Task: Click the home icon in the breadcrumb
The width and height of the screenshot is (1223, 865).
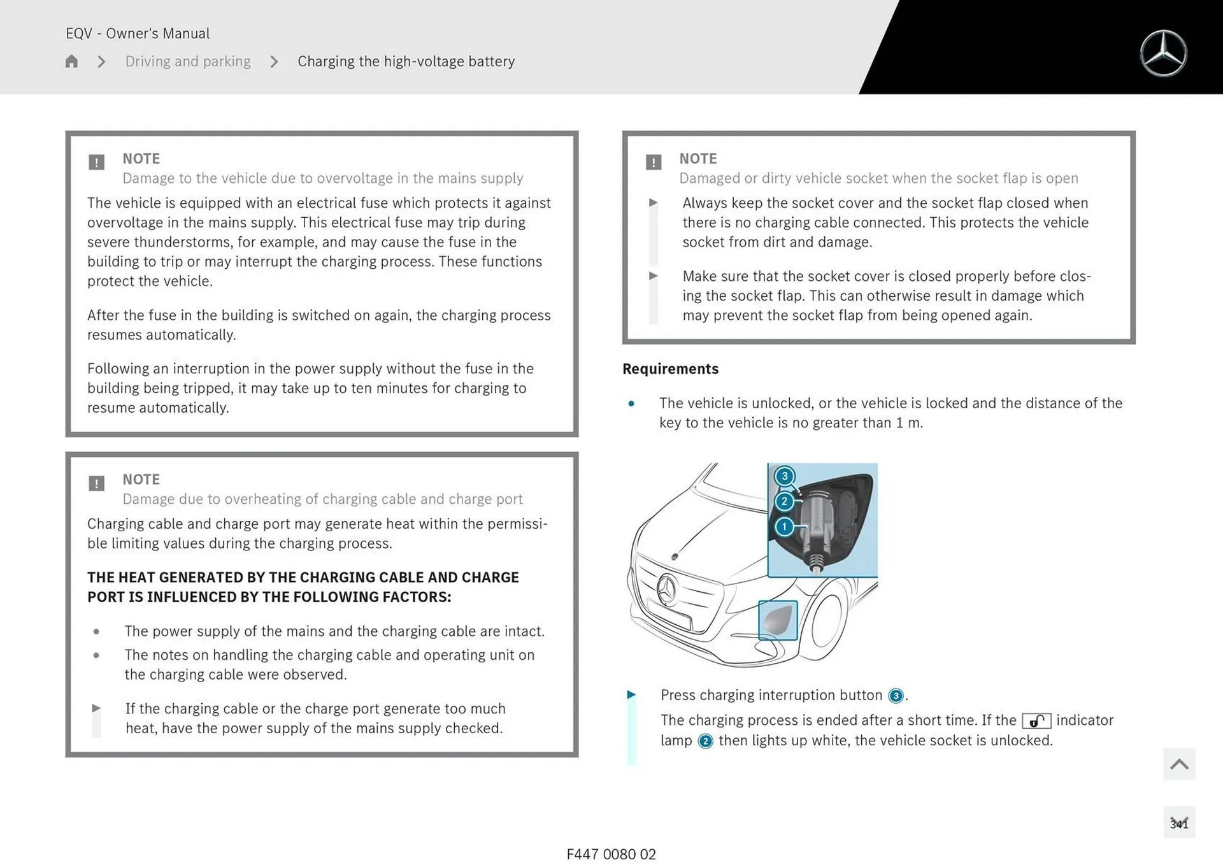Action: [71, 61]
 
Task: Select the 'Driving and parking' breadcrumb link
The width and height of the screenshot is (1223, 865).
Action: [188, 61]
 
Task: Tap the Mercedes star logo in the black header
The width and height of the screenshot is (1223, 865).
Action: [1163, 54]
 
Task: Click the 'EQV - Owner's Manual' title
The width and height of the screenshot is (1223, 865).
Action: [138, 33]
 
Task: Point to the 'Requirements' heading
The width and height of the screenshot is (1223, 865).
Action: [670, 369]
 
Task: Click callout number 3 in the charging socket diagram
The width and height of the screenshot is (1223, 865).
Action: [784, 476]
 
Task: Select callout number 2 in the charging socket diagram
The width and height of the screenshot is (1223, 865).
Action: [784, 501]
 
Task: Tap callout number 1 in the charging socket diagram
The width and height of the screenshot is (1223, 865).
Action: [784, 527]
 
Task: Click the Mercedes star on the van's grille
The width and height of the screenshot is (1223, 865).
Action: [667, 589]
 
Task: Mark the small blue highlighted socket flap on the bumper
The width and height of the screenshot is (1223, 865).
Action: [778, 620]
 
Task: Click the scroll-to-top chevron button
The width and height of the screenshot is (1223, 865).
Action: [1178, 764]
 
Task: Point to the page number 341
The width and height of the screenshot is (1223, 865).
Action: [1178, 824]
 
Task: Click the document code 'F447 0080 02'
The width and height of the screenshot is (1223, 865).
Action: [611, 854]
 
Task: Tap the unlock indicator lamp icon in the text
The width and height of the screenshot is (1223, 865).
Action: [1036, 721]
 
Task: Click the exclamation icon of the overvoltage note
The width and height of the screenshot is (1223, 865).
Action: [96, 162]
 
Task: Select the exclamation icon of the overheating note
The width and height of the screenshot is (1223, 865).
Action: [96, 483]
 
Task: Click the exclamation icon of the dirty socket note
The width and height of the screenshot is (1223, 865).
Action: [653, 162]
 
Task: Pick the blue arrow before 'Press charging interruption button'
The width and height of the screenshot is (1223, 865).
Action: [631, 695]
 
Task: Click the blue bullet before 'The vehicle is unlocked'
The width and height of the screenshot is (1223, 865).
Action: [631, 404]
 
